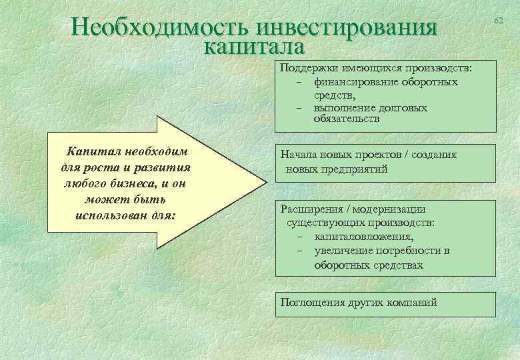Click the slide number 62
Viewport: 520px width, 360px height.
pyautogui.click(x=498, y=21)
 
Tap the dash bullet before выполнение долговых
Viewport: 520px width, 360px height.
pyautogui.click(x=301, y=108)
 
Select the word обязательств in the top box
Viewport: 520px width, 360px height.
pyautogui.click(x=346, y=119)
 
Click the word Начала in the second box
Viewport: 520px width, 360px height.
pyautogui.click(x=298, y=155)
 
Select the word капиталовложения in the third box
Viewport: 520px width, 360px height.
pyautogui.click(x=363, y=236)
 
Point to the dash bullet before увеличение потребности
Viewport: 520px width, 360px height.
pyautogui.click(x=301, y=251)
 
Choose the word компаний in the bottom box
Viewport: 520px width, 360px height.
pyautogui.click(x=414, y=302)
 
